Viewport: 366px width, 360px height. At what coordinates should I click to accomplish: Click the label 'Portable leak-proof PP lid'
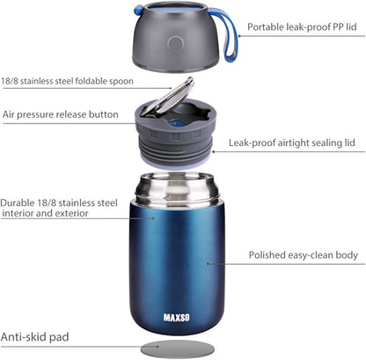[x=301, y=27]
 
